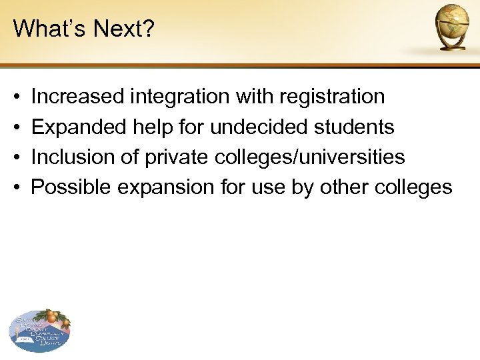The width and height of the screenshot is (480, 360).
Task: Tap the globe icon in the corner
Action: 453,27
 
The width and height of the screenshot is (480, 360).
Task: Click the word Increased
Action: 77,97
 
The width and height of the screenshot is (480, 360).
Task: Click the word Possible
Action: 71,187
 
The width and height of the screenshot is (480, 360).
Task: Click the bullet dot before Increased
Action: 15,97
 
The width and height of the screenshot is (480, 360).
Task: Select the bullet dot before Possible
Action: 15,188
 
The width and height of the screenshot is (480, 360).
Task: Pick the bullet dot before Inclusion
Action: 15,157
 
